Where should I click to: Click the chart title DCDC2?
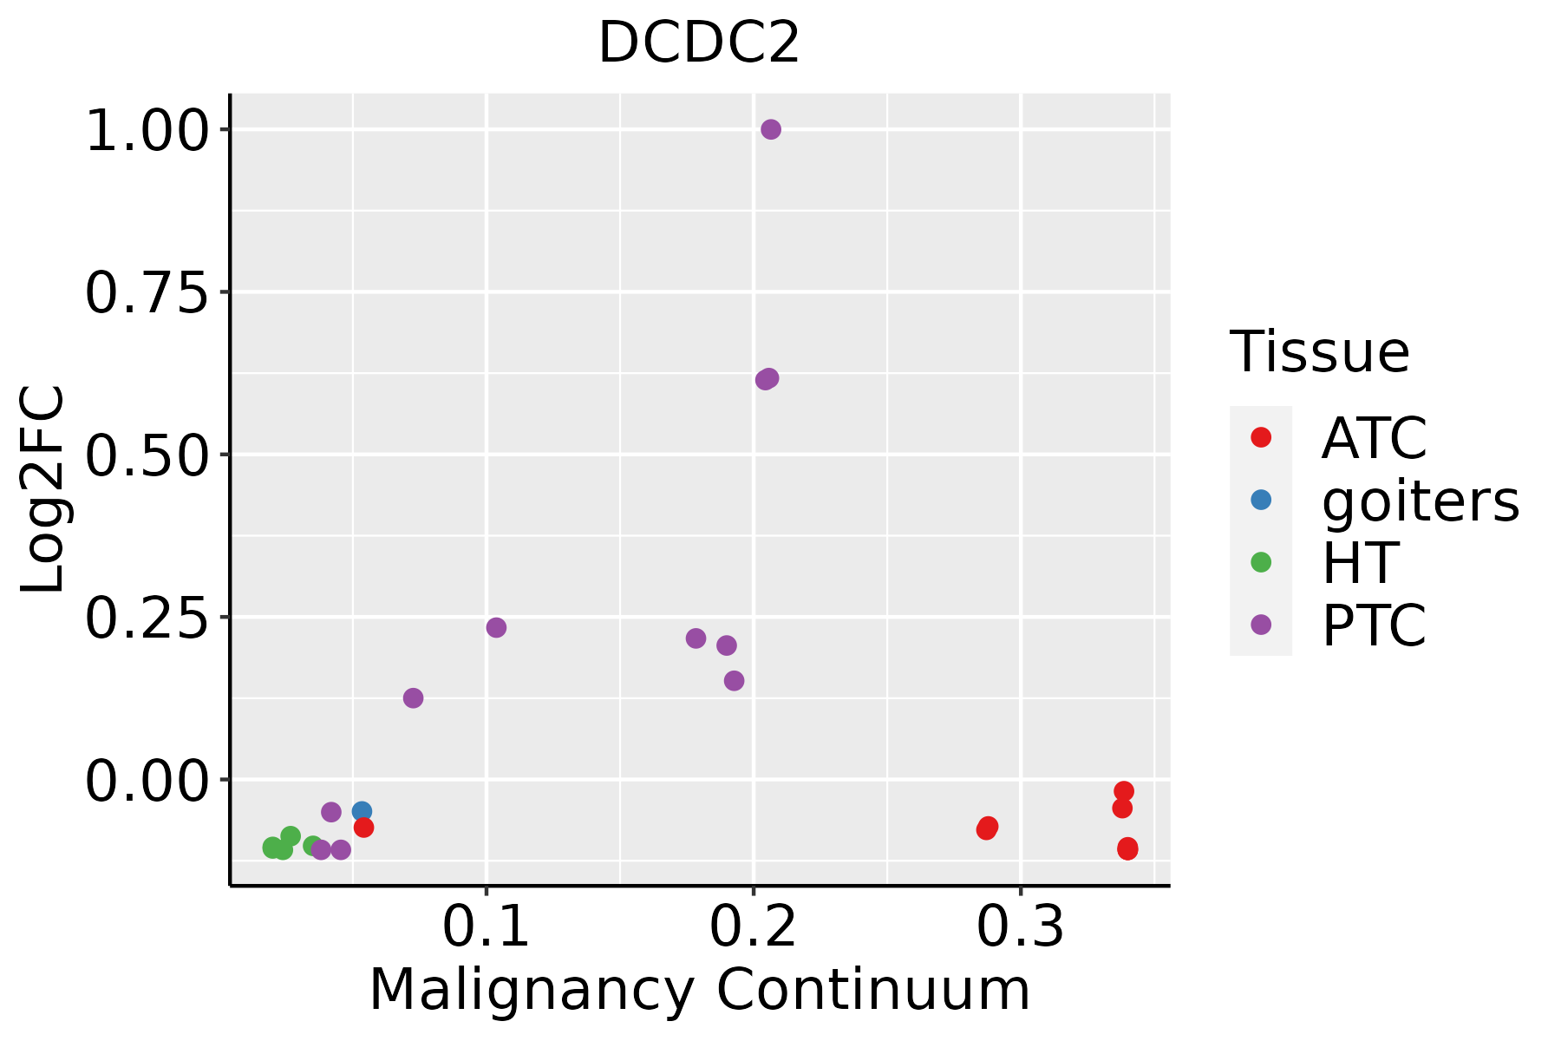coord(698,43)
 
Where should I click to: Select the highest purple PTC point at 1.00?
coord(771,129)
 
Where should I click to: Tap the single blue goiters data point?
coord(362,812)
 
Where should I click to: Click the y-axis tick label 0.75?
coord(147,292)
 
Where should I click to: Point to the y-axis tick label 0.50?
coord(147,455)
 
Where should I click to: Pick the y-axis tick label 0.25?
coord(147,618)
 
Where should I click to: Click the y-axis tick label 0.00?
coord(147,780)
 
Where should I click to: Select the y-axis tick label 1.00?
coord(147,130)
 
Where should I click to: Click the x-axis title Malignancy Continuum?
coord(700,990)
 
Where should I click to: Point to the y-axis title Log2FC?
coord(43,489)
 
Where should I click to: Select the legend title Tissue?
coord(1320,352)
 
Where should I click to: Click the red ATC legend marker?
coord(1261,437)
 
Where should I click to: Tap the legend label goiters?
coord(1420,501)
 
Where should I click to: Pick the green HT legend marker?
coord(1261,562)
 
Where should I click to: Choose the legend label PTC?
coord(1374,625)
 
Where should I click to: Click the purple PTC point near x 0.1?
coord(496,627)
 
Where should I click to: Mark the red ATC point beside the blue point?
coord(364,828)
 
